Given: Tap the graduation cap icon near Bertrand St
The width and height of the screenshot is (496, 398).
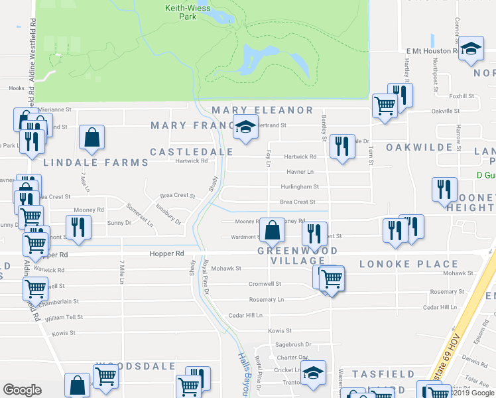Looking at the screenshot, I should [245, 127].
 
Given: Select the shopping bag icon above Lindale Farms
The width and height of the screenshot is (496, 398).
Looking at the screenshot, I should [92, 138].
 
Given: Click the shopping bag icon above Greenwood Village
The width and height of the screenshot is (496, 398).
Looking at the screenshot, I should [272, 230].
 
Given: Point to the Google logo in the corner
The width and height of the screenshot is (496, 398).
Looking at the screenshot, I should [23, 389].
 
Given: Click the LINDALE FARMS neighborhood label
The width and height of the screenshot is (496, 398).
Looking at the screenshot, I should [96, 163].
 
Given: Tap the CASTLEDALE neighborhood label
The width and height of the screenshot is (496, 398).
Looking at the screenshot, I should [184, 152].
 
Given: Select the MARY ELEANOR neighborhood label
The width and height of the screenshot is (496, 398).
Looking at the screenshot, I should [262, 110].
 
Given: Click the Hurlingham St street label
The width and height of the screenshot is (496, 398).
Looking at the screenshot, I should [300, 187].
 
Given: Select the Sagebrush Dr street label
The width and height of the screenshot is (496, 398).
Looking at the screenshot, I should [293, 344].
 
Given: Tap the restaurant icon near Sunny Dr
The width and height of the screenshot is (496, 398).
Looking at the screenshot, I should [78, 228].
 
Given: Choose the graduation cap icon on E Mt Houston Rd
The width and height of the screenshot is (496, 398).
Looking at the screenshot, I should [471, 48].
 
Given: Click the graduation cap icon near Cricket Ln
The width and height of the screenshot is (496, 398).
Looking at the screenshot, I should [314, 373].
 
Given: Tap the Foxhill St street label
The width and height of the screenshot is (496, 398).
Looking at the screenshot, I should [462, 96].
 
